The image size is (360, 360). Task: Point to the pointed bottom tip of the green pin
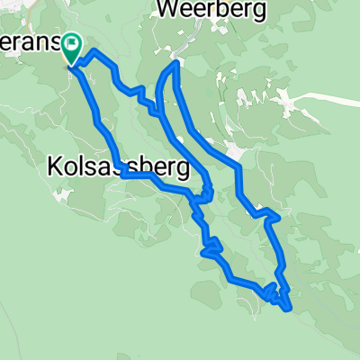click(72, 64)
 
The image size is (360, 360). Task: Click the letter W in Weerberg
click(168, 10)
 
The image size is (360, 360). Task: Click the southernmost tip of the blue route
click(288, 310)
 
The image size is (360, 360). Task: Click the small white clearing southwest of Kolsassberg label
click(63, 191)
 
